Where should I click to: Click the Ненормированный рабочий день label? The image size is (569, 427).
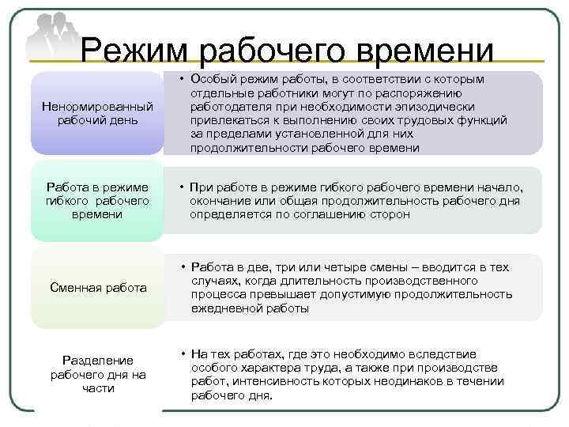click(97, 113)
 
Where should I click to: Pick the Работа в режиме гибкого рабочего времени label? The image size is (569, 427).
click(97, 200)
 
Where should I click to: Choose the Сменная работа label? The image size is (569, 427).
click(97, 288)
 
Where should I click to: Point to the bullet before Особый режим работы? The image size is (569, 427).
click(181, 80)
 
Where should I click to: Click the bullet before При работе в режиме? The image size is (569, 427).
click(181, 187)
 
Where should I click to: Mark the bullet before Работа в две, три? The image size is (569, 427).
click(181, 268)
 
